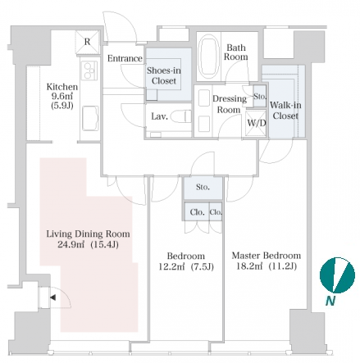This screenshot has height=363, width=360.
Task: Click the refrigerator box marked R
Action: click(87, 42)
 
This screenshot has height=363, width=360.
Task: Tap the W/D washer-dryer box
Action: click(256, 123)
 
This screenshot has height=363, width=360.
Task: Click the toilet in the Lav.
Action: click(181, 116)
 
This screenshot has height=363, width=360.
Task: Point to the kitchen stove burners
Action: click(89, 70)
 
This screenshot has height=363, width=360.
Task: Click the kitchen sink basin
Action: click(90, 118)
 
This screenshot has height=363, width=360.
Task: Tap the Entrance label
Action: click(125, 58)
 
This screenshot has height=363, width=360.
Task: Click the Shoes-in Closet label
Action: click(164, 75)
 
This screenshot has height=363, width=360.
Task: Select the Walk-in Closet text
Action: click(285, 111)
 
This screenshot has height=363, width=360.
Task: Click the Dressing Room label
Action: click(229, 104)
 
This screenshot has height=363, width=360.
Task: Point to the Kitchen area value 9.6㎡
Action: click(62, 96)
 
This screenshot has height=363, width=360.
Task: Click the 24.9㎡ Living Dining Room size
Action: click(71, 244)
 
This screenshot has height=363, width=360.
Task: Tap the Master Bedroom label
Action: click(267, 256)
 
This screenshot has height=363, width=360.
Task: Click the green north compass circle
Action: click(337, 275)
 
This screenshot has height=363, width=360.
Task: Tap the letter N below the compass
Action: click(330, 301)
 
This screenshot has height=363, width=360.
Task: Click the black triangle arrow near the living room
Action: click(53, 297)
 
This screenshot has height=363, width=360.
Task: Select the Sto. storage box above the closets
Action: click(203, 188)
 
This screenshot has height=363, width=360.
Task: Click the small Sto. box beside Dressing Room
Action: click(259, 96)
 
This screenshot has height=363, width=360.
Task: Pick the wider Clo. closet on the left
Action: click(197, 211)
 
